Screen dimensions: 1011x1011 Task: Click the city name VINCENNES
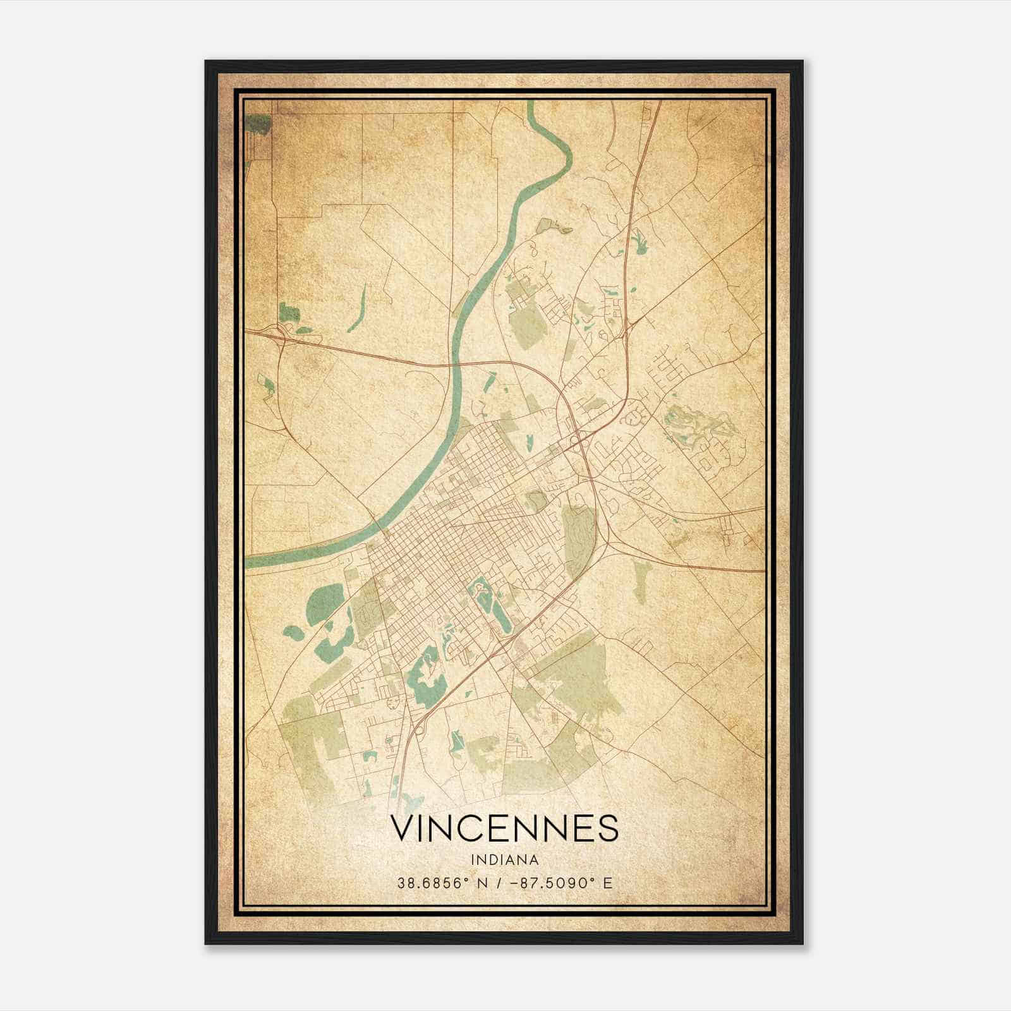[504, 828]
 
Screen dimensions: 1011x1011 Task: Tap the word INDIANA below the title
[504, 860]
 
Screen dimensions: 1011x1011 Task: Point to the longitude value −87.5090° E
[564, 883]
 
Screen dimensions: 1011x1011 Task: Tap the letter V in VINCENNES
[404, 828]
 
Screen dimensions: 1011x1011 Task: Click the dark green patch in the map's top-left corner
[258, 124]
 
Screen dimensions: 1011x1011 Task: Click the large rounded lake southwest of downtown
[324, 601]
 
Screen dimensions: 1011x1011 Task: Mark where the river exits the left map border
[248, 562]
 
